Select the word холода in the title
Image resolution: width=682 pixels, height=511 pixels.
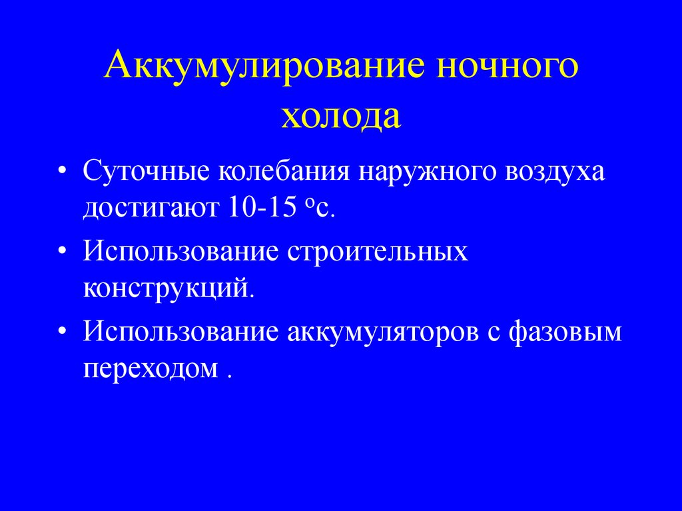tap(340, 117)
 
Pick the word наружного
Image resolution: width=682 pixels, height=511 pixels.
tap(428, 173)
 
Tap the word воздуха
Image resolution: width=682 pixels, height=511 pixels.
tap(557, 172)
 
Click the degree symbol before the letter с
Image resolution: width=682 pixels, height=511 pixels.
tap(310, 204)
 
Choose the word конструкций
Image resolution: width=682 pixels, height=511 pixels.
tap(169, 289)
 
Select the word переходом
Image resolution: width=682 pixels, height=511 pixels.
tap(151, 368)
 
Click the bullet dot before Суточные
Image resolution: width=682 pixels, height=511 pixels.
tap(62, 173)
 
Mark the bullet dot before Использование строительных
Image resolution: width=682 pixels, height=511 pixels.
tap(62, 253)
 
